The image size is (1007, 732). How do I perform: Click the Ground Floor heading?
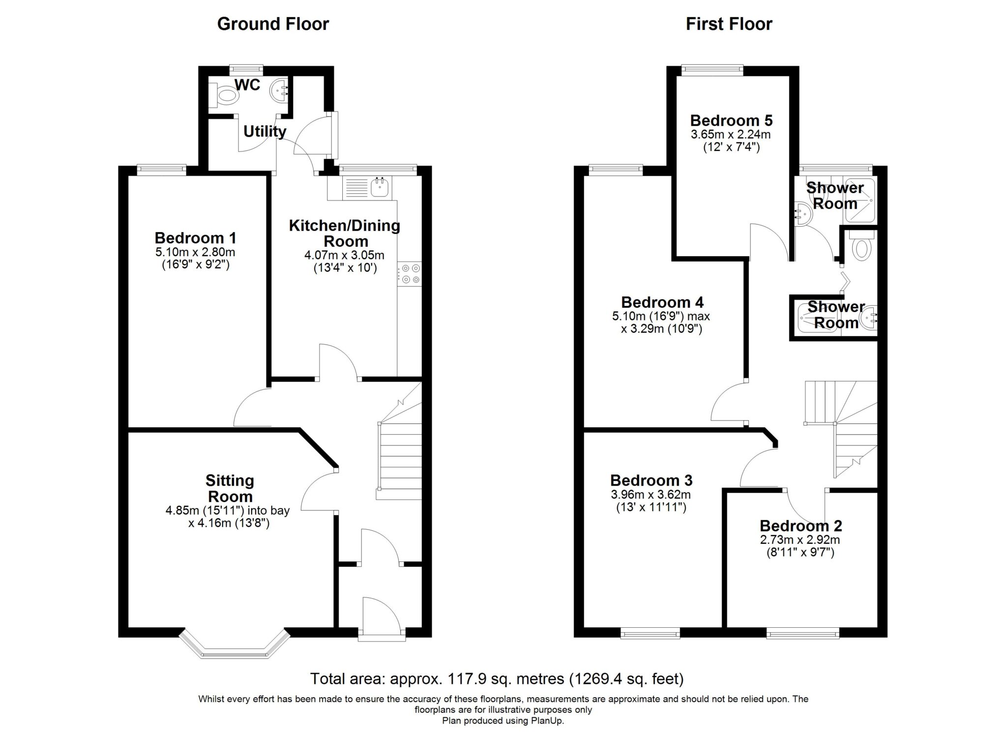tap(273, 24)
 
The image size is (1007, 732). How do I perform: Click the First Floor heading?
tap(729, 24)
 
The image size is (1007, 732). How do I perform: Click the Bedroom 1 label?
tap(195, 238)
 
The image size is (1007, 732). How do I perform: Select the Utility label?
tap(265, 132)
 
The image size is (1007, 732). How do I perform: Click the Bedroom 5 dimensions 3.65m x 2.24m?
tap(731, 134)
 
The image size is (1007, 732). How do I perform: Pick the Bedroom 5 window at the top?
tap(712, 70)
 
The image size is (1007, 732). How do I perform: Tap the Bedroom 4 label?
tap(662, 302)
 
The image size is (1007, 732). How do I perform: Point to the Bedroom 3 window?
tap(650, 633)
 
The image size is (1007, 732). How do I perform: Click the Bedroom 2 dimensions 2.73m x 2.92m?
tap(800, 540)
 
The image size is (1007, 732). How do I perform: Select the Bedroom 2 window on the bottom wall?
tap(802, 633)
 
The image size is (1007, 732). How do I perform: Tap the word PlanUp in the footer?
tap(547, 721)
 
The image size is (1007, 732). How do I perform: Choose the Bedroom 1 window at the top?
tap(161, 170)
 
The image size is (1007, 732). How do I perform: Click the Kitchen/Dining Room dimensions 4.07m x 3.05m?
tap(344, 256)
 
